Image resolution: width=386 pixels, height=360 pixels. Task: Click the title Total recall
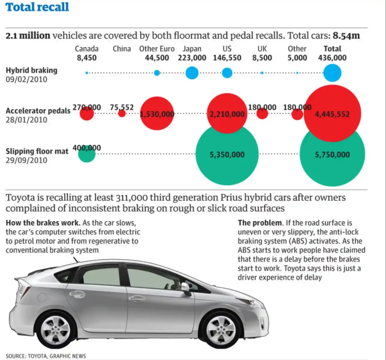click(x=38, y=7)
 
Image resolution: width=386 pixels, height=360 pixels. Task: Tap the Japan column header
click(x=192, y=49)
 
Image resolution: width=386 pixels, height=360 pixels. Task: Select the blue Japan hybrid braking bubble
click(x=192, y=72)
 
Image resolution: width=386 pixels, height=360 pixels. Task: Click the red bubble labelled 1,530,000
click(x=157, y=114)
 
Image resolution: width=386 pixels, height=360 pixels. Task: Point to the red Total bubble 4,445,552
click(x=332, y=113)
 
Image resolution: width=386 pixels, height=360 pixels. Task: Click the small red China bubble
click(x=122, y=113)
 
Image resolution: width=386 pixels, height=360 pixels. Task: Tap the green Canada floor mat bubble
click(x=87, y=154)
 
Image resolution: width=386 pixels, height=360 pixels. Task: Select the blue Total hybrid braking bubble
click(x=332, y=73)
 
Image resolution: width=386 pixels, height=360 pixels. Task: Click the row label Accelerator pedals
click(x=38, y=111)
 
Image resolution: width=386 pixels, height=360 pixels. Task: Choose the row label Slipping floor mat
click(x=37, y=151)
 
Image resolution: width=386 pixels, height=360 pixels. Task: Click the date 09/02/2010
click(x=26, y=79)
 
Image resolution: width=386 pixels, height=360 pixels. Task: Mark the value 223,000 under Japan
click(x=192, y=58)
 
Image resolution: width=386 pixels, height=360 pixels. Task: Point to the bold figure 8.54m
click(x=346, y=36)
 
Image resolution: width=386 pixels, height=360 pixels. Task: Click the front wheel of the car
click(x=221, y=329)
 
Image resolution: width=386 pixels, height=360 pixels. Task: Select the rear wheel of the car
click(x=55, y=329)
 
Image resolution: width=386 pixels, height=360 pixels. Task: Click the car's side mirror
click(x=186, y=288)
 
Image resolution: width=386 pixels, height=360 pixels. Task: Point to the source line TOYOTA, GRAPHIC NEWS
click(x=46, y=356)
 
